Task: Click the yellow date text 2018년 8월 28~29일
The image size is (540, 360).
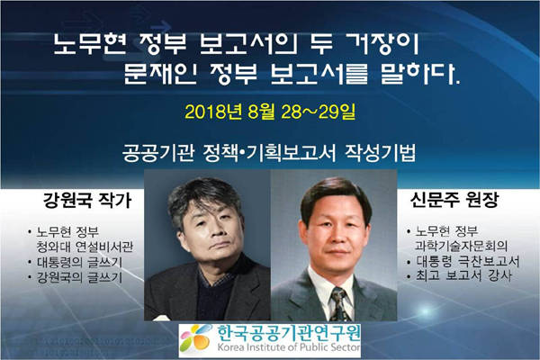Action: click(x=270, y=112)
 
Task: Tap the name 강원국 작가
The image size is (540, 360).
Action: click(x=87, y=201)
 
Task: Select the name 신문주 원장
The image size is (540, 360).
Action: click(x=454, y=200)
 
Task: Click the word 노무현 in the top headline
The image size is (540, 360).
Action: click(x=90, y=43)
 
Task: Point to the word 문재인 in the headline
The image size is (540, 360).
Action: click(x=159, y=74)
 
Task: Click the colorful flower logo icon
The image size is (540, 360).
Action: click(x=195, y=338)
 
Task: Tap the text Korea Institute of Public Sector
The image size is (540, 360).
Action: click(x=289, y=346)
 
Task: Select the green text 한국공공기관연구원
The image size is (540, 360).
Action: click(x=289, y=332)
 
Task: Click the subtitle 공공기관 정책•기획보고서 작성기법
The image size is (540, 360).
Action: click(x=269, y=153)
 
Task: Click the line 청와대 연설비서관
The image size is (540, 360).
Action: click(x=85, y=247)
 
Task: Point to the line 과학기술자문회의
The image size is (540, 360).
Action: click(x=461, y=246)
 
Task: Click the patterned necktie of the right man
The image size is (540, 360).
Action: click(x=340, y=304)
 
